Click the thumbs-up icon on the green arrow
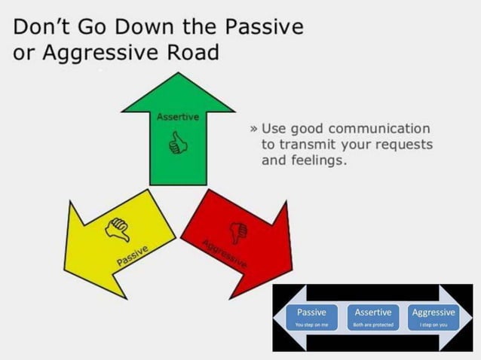178,143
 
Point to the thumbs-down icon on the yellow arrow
118,229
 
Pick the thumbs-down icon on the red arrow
240,230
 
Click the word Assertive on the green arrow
178,117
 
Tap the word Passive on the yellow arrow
132,256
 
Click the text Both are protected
373,325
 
